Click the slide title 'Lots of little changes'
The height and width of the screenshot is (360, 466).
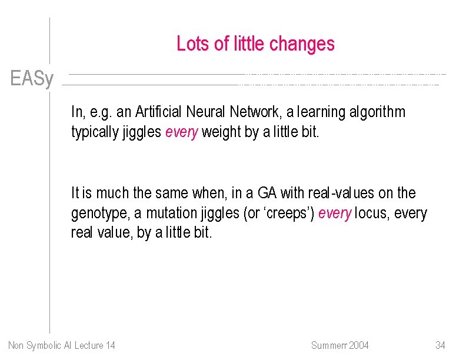(x=255, y=44)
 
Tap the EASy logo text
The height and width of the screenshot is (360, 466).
(x=32, y=79)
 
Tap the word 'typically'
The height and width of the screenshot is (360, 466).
(x=95, y=132)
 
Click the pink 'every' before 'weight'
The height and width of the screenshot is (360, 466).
(x=182, y=132)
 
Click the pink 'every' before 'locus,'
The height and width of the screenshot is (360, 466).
(x=334, y=213)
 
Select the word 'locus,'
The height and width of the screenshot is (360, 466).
(x=372, y=213)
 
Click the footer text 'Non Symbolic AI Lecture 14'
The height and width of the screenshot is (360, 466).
(x=62, y=345)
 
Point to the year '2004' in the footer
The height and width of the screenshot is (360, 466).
(x=357, y=345)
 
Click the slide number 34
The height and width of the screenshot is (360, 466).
(x=440, y=345)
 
